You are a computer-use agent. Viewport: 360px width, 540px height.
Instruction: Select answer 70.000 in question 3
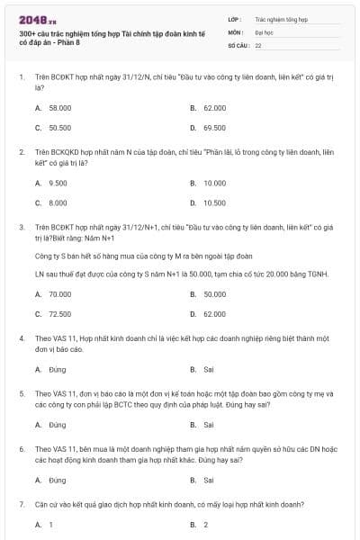(x=59, y=294)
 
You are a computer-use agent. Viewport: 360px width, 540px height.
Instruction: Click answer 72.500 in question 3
(x=59, y=314)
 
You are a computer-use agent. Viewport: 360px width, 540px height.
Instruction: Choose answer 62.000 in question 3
(x=214, y=314)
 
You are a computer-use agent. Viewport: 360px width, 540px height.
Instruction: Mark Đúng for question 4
(x=57, y=369)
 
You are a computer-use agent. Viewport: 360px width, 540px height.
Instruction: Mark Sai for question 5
(x=208, y=424)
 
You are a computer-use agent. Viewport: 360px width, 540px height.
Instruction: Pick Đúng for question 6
(x=57, y=481)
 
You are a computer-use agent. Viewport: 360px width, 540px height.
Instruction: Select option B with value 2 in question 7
(x=205, y=524)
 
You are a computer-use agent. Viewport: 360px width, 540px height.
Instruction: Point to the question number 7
(x=21, y=505)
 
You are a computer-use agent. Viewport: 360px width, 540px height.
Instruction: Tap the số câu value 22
(x=258, y=44)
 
